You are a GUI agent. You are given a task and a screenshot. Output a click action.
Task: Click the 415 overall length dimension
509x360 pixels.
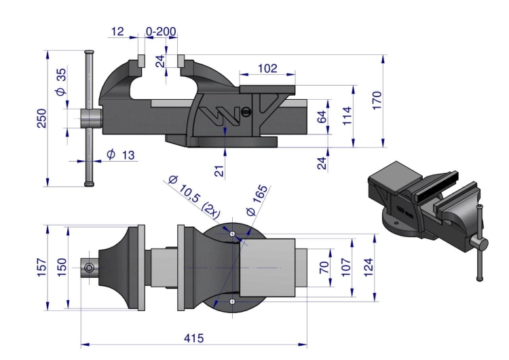click(194, 338)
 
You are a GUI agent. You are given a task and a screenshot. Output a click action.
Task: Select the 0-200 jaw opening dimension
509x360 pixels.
click(161, 31)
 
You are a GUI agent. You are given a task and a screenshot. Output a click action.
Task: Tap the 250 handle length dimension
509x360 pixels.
click(42, 118)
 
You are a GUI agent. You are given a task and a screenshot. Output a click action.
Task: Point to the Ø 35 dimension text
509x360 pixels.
click(60, 82)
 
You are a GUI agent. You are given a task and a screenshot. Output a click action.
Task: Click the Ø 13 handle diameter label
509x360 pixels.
click(120, 155)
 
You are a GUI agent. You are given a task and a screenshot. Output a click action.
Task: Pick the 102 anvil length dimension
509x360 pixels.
click(267, 68)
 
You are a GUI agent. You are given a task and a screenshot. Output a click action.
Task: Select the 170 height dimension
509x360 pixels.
click(377, 101)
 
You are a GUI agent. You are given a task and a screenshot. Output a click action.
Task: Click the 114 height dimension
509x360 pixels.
click(347, 115)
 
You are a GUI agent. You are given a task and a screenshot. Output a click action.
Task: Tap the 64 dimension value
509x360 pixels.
click(322, 117)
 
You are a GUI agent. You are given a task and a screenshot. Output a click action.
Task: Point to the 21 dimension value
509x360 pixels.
click(219, 171)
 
